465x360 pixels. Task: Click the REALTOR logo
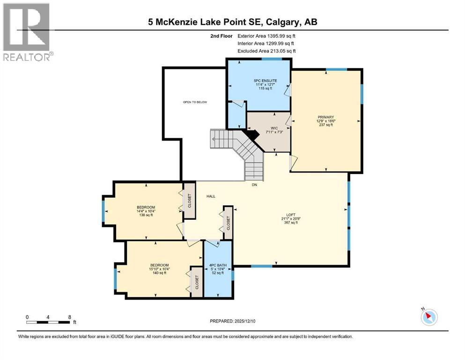pyautogui.click(x=27, y=32)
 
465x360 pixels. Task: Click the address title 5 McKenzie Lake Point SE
pyautogui.click(x=232, y=22)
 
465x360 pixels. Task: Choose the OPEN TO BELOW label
pyautogui.click(x=195, y=102)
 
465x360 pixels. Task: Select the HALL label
pyautogui.click(x=211, y=196)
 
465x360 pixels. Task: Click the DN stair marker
pyautogui.click(x=254, y=185)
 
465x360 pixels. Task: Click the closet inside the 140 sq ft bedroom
pyautogui.click(x=197, y=282)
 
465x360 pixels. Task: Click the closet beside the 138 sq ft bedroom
pyautogui.click(x=189, y=201)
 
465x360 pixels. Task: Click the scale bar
pyautogui.click(x=48, y=322)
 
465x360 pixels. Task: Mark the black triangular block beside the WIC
pyautogui.click(x=253, y=135)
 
